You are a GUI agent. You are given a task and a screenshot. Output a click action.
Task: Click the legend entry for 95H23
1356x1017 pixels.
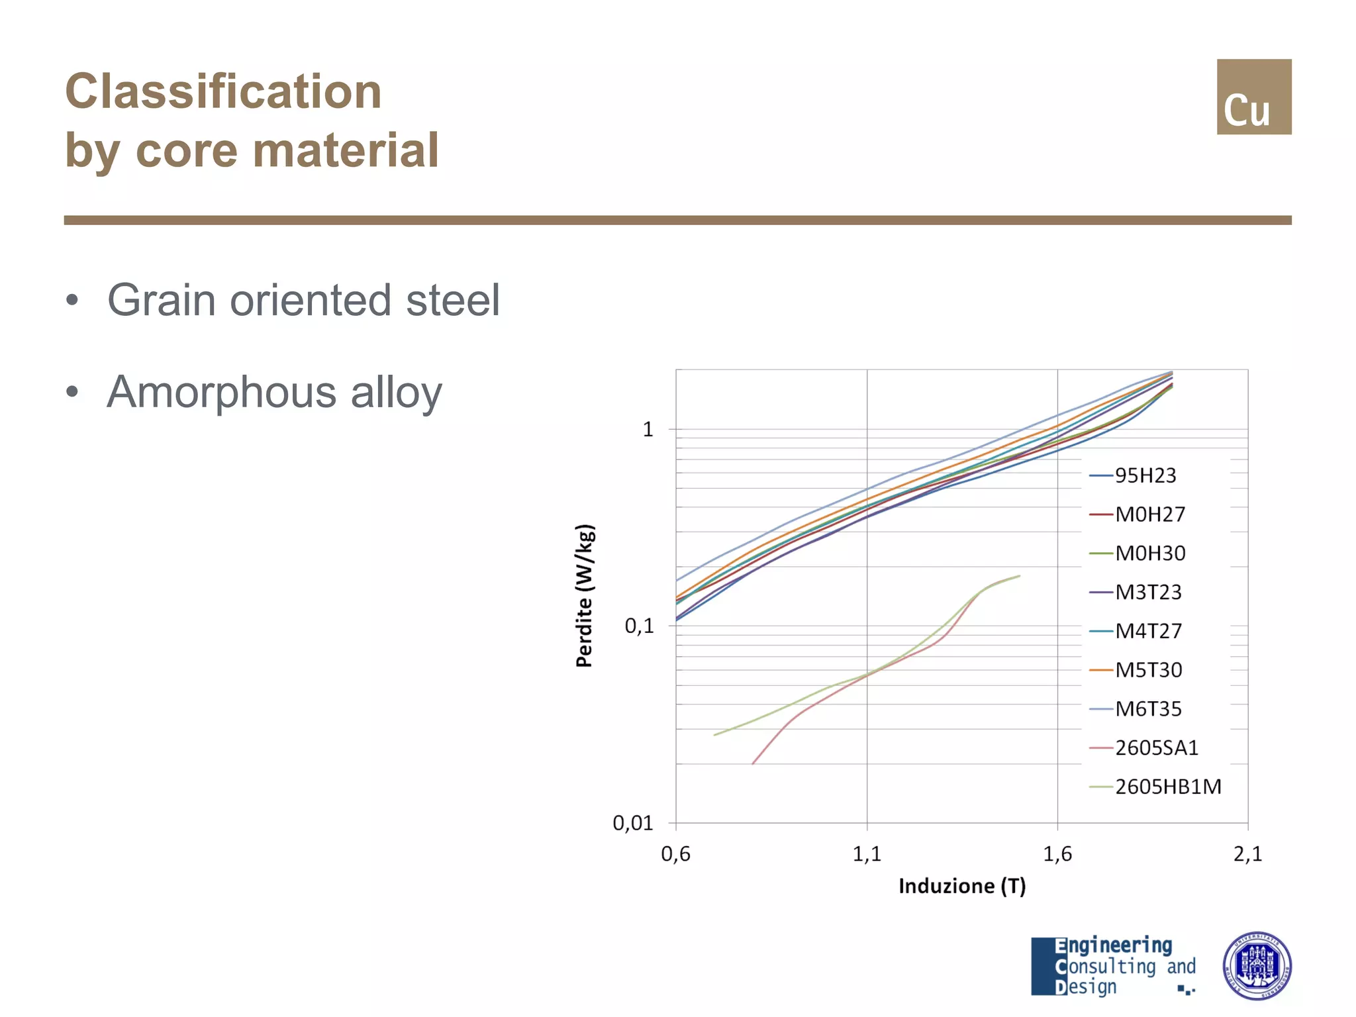point(1145,475)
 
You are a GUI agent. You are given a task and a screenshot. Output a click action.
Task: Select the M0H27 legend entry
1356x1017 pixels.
point(1149,514)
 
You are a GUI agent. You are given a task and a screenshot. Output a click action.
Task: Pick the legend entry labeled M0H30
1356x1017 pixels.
point(1149,554)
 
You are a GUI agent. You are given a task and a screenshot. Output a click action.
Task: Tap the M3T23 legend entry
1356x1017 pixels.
point(1147,592)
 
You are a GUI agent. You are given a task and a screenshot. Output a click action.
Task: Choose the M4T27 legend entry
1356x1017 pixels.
point(1147,631)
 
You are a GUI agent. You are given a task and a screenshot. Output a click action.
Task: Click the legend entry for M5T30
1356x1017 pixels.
point(1147,670)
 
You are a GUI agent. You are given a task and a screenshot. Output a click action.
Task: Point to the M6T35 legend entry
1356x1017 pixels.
point(1147,709)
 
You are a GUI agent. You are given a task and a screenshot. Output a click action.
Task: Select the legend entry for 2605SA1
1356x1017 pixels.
point(1156,748)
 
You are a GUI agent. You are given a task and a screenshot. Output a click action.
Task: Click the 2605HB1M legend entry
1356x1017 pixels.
point(1167,787)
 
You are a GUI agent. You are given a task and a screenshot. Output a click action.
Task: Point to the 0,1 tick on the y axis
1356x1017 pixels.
point(639,626)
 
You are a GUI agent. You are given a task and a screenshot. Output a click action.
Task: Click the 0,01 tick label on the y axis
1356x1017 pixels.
point(633,823)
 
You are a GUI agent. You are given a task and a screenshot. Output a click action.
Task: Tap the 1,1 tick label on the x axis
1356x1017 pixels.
point(867,854)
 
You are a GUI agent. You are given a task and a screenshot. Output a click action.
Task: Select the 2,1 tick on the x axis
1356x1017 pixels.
point(1247,854)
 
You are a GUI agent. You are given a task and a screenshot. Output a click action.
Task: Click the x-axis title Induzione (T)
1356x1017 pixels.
point(962,886)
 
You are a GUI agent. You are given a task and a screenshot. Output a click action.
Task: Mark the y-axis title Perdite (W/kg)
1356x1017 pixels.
point(585,596)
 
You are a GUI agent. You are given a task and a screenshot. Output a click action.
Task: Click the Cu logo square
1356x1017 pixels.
point(1253,97)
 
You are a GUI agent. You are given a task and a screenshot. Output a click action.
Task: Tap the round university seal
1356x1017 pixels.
point(1257,966)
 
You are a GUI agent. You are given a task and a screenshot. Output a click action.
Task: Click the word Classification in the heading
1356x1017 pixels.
point(223,91)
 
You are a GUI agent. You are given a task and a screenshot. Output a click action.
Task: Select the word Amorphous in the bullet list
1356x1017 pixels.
point(222,392)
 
